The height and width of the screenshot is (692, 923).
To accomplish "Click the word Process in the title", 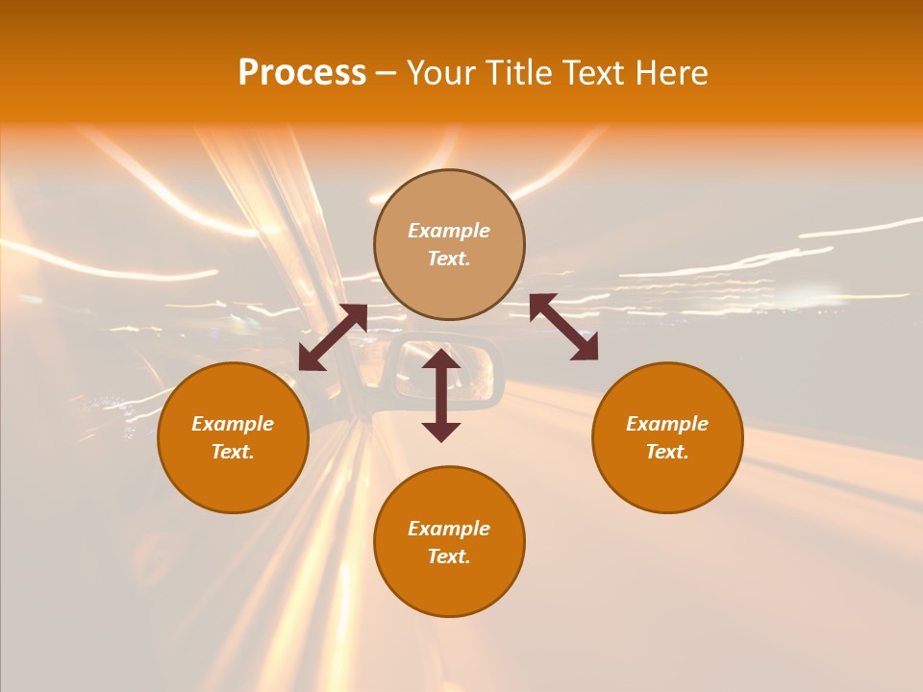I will click(302, 73).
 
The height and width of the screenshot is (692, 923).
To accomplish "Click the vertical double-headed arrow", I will click(441, 395).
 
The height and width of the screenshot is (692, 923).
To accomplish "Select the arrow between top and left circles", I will click(333, 337).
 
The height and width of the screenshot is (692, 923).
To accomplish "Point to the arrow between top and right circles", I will click(563, 327).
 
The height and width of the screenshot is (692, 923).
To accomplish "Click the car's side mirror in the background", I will click(461, 375).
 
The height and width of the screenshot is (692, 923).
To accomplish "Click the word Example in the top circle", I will click(449, 231).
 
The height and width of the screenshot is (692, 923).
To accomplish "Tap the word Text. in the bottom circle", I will click(449, 556).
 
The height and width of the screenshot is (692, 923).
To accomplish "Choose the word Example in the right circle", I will click(667, 424).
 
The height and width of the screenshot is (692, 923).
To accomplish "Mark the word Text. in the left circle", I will click(233, 452).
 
